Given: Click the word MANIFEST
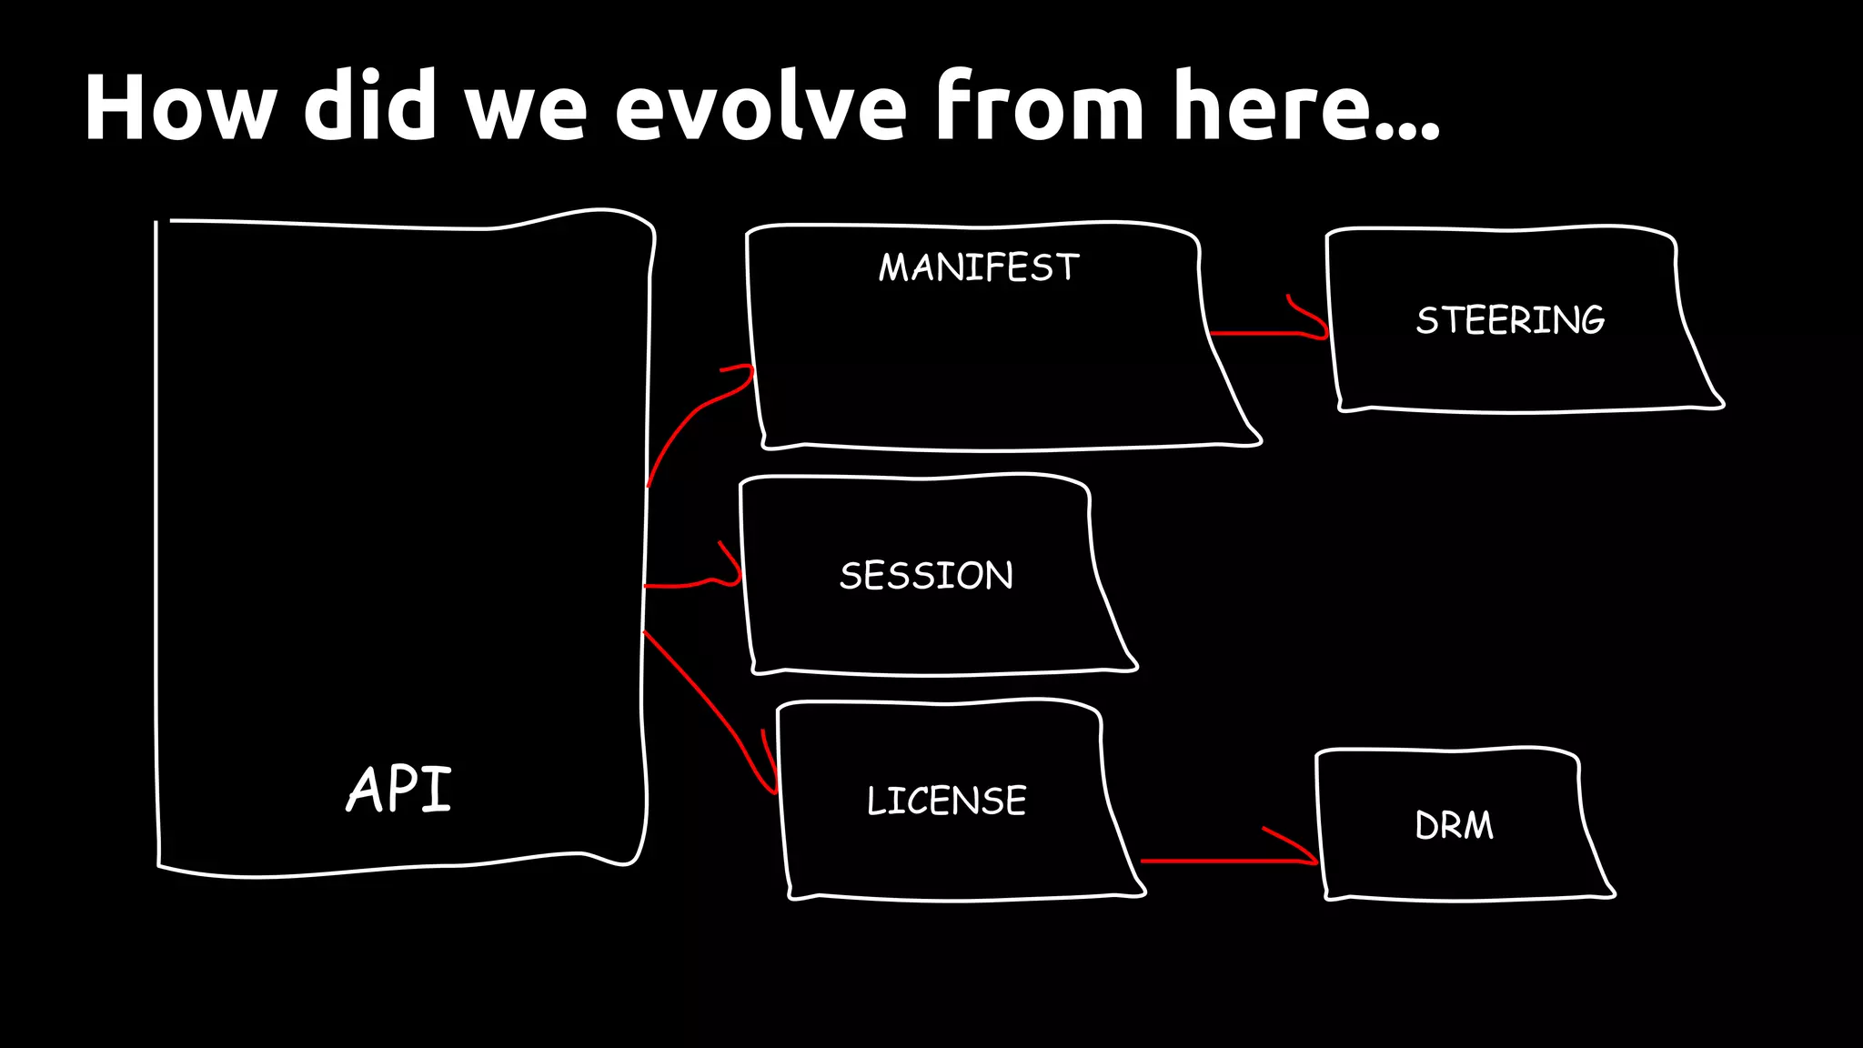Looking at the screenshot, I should coord(979,267).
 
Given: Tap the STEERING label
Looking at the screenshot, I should coord(1510,319).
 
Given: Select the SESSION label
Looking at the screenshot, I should coord(926,575).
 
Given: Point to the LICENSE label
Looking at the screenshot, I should coord(946,801).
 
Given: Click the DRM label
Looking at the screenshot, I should coord(1454,825).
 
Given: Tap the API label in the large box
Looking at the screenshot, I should coord(399,789).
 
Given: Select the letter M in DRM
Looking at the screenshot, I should coord(1477,826).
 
